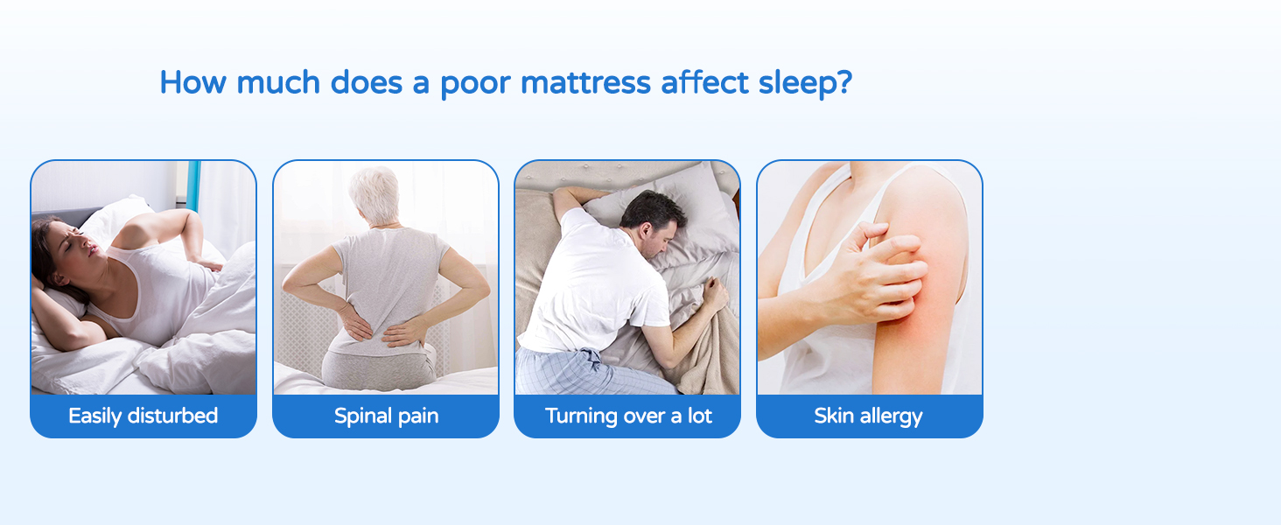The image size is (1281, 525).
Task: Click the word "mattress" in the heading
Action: [x=585, y=83]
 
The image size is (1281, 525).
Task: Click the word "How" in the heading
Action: [x=192, y=82]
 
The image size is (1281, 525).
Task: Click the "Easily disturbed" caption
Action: [x=143, y=416]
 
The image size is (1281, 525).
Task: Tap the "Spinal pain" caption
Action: [x=386, y=416]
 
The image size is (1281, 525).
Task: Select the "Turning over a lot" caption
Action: [x=628, y=416]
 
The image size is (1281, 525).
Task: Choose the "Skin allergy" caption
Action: [x=868, y=416]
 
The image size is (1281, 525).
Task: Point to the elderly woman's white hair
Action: [x=374, y=194]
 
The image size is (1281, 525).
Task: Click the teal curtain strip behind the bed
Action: [x=193, y=185]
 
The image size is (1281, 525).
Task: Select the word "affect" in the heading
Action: [x=704, y=82]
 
